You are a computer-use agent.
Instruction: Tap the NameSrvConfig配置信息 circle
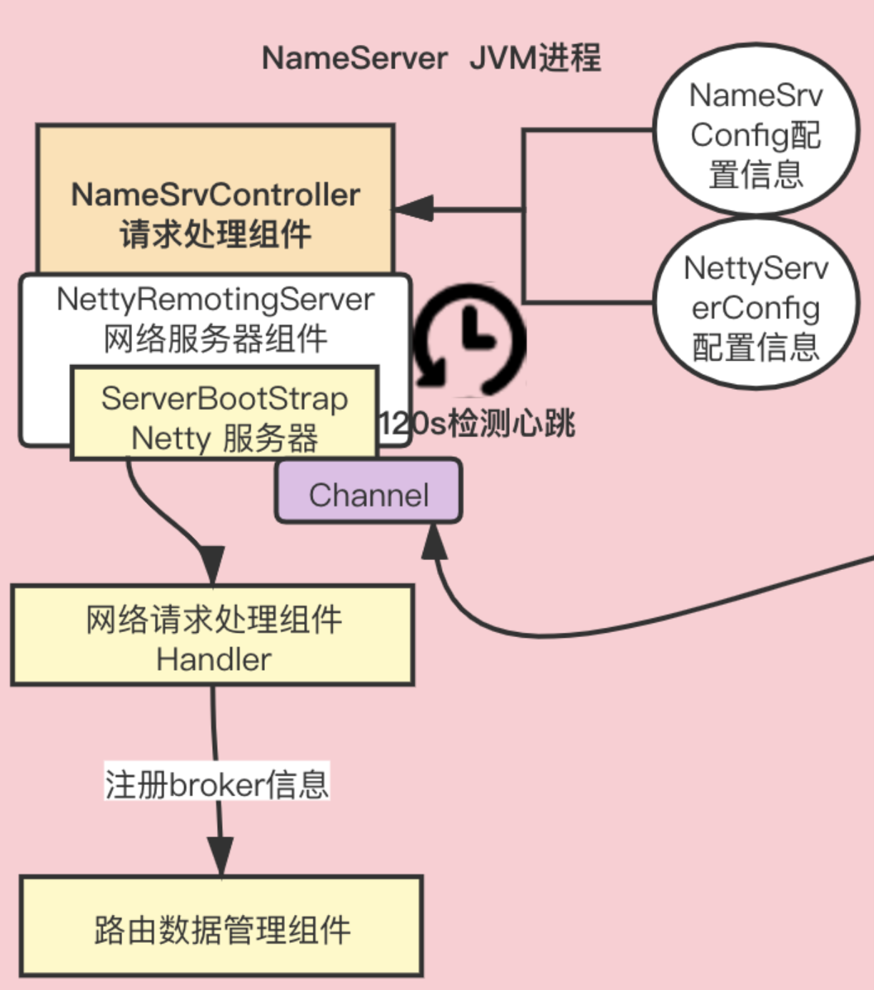click(x=755, y=133)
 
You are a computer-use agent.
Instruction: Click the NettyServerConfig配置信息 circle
click(x=755, y=307)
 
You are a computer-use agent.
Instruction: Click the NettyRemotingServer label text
click(x=215, y=299)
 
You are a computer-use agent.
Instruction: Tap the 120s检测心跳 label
click(x=477, y=424)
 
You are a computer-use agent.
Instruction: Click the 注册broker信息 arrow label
click(x=217, y=784)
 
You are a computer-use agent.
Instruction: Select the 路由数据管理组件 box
click(x=221, y=929)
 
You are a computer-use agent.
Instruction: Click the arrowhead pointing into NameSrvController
click(x=414, y=209)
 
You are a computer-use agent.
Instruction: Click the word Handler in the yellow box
click(x=214, y=659)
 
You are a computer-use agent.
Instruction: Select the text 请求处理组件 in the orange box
click(x=215, y=234)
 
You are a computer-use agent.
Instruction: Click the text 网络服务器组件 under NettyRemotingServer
click(x=215, y=339)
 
